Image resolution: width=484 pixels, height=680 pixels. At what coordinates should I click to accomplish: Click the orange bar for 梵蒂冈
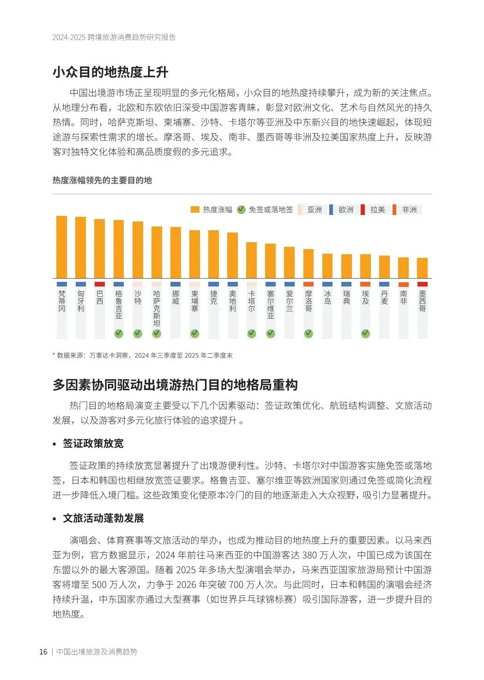tap(61, 247)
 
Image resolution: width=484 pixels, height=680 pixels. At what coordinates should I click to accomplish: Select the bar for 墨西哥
tap(422, 268)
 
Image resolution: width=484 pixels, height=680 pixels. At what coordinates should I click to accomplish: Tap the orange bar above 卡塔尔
tap(251, 260)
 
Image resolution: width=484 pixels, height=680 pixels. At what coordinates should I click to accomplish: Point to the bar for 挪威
tap(175, 252)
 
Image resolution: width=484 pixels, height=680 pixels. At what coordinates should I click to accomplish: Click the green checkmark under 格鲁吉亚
tap(119, 333)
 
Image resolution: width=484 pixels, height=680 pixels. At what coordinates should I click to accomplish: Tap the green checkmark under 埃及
tap(365, 333)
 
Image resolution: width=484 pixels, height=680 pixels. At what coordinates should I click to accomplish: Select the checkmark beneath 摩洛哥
tap(309, 333)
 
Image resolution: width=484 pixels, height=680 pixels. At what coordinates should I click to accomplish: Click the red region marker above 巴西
tap(99, 284)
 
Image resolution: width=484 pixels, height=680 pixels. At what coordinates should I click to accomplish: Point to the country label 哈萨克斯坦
tap(157, 308)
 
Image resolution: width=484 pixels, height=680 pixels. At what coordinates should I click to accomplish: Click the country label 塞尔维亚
tap(271, 304)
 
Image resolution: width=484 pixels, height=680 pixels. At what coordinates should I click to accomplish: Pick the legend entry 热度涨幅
tap(212, 209)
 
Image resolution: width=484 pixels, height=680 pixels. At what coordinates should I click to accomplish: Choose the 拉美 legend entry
tap(373, 209)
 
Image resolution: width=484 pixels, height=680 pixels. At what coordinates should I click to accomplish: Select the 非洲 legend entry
tap(405, 209)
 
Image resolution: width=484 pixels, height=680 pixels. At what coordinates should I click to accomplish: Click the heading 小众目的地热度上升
tap(110, 72)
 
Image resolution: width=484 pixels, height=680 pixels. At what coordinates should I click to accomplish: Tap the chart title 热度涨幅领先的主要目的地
tap(102, 180)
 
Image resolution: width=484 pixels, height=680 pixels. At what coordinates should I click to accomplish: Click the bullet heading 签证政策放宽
tap(93, 443)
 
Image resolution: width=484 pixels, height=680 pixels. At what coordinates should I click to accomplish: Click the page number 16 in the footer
tap(43, 652)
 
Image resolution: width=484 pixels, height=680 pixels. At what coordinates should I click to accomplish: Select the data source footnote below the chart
tap(143, 355)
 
